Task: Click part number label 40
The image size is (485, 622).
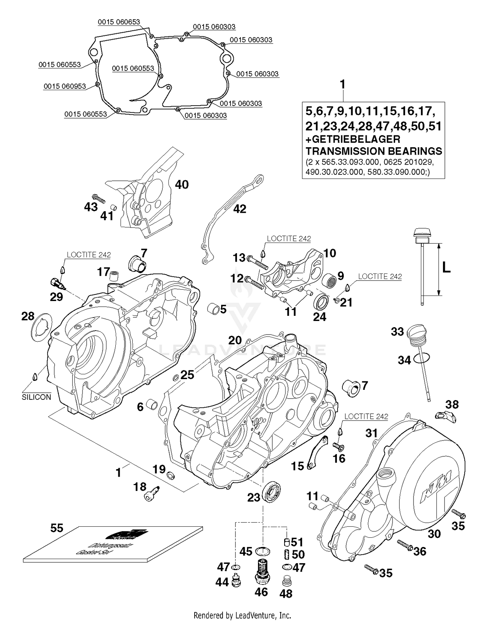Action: [x=182, y=185]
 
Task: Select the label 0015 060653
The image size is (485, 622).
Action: [x=119, y=22]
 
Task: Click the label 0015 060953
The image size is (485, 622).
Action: [x=65, y=86]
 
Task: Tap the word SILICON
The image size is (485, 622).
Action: [x=36, y=397]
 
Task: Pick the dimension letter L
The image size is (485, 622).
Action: [x=446, y=267]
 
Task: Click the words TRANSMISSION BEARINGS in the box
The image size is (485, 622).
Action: [x=374, y=151]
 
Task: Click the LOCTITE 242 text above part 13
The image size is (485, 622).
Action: [x=289, y=239]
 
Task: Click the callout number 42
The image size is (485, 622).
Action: [x=240, y=209]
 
